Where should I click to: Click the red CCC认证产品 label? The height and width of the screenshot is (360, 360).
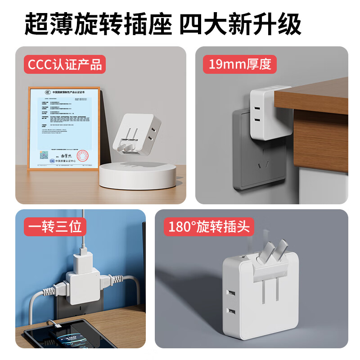[64, 64]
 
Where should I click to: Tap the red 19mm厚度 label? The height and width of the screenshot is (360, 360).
[240, 64]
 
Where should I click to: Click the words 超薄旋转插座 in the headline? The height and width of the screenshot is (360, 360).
[98, 23]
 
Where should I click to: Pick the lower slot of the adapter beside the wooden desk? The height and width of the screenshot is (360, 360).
[259, 119]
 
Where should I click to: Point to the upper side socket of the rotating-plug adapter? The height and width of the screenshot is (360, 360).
[232, 293]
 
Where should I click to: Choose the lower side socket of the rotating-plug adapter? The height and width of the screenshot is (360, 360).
[232, 311]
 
